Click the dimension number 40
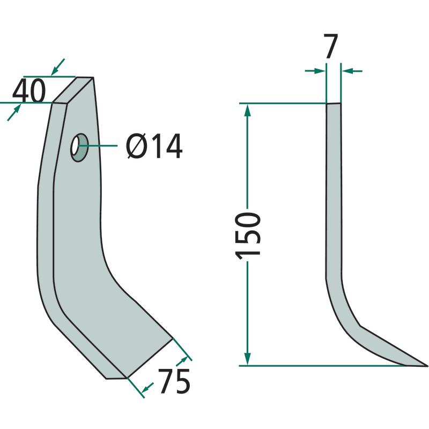[29, 91]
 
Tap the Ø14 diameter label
[154, 146]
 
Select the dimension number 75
[174, 381]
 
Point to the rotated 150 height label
[248, 235]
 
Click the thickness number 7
[331, 46]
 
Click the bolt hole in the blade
[79, 147]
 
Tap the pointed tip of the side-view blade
[427, 365]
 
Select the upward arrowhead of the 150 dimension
[247, 111]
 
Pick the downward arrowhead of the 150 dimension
[247, 358]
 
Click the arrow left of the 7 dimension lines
[315, 71]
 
